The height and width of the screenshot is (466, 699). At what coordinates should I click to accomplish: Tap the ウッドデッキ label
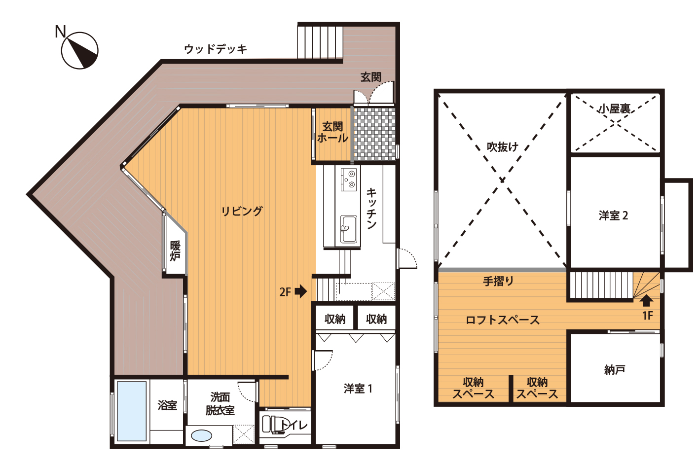click(x=216, y=49)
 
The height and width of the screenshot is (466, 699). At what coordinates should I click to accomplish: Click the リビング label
click(x=242, y=211)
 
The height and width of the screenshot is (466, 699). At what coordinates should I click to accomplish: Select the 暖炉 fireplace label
click(x=175, y=251)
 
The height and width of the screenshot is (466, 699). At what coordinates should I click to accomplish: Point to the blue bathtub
click(x=132, y=411)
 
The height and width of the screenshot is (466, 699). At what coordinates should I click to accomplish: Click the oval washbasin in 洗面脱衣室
click(x=201, y=435)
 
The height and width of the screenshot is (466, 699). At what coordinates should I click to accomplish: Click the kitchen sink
click(x=348, y=229)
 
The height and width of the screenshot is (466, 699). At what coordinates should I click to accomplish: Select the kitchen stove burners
click(x=349, y=179)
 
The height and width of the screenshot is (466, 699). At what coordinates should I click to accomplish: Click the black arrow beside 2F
click(x=301, y=291)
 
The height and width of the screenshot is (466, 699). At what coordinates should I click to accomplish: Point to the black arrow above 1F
click(x=646, y=301)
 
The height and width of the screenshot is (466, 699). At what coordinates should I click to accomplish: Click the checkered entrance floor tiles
click(x=374, y=134)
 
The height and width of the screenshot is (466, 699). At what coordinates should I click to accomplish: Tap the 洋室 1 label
click(x=358, y=389)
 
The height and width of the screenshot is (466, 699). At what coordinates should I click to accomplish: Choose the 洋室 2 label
click(x=613, y=215)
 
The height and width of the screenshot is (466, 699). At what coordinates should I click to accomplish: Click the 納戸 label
click(x=615, y=370)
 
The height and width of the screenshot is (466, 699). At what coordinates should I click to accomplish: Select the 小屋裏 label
click(x=614, y=109)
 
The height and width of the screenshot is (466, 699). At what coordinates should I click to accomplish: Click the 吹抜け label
click(x=502, y=146)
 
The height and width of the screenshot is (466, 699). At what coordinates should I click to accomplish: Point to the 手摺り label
click(x=498, y=282)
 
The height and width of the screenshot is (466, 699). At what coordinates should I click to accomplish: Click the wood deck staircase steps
click(x=320, y=42)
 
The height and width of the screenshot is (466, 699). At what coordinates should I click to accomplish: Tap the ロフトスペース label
click(x=502, y=320)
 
